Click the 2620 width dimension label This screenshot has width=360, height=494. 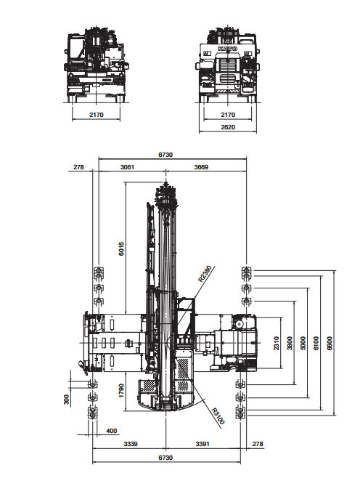click(228, 127)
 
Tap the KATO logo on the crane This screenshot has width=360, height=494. click(227, 49)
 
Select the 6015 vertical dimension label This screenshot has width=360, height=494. click(121, 248)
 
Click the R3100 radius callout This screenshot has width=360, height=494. click(218, 416)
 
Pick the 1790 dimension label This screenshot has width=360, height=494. click(121, 391)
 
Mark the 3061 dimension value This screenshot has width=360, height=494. click(127, 167)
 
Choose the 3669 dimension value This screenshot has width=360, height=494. click(201, 167)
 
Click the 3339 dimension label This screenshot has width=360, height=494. click(131, 444)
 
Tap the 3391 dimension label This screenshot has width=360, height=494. click(202, 444)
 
